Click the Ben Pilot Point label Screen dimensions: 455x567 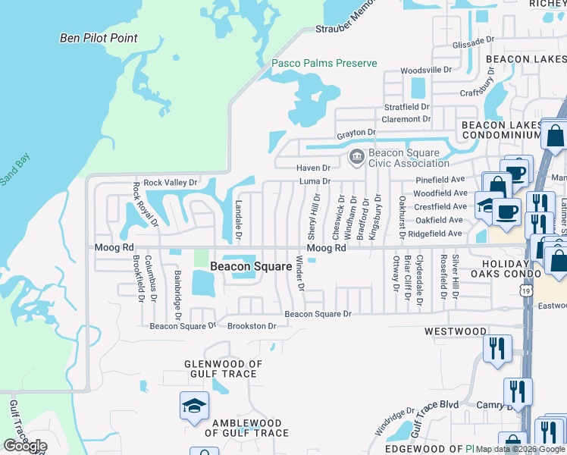click(99, 38)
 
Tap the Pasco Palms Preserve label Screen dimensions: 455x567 click(324, 63)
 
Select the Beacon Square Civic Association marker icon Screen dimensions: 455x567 click(355, 157)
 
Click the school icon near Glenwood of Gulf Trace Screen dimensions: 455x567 click(194, 407)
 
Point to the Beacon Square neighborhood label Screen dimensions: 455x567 click(251, 266)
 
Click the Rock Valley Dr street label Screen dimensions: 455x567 click(171, 183)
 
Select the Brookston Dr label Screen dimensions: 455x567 click(252, 326)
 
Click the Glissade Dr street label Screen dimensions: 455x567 click(473, 44)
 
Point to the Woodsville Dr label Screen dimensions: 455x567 click(426, 70)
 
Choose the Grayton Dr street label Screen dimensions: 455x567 click(356, 133)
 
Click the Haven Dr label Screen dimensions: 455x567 click(315, 168)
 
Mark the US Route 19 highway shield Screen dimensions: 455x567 click(526, 290)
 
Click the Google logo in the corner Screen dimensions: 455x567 click(24, 446)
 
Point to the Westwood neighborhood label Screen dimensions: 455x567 click(455, 331)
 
